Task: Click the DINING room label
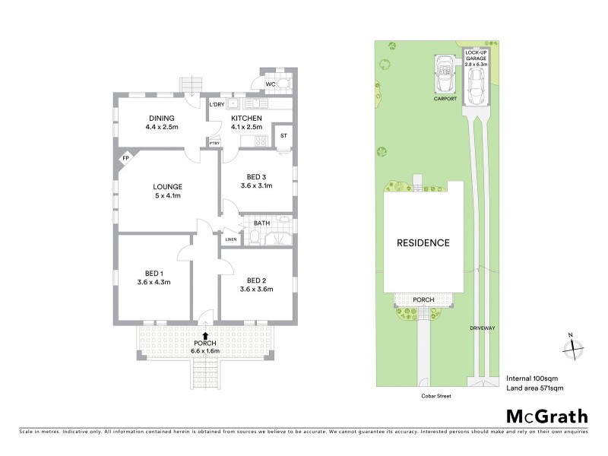[162, 118]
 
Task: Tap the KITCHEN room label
[246, 118]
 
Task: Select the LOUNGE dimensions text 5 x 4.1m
[167, 196]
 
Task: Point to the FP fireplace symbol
[125, 159]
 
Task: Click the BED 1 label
[154, 273]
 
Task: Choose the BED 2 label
[256, 279]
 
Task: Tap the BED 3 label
[256, 176]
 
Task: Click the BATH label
[261, 223]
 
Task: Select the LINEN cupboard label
[231, 240]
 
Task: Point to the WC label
[269, 84]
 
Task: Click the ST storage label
[283, 136]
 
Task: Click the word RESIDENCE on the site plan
[423, 243]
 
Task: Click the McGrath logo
[547, 416]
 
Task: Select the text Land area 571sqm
[535, 388]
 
